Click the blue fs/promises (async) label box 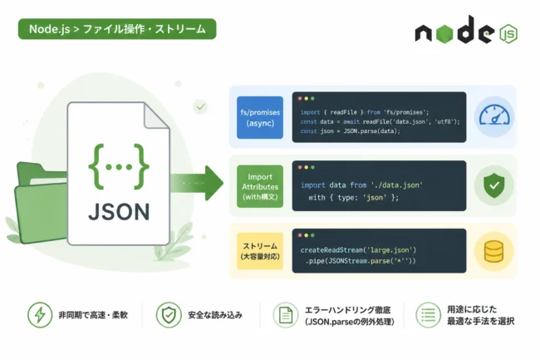pyautogui.click(x=260, y=117)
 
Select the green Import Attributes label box pyautogui.click(x=260, y=186)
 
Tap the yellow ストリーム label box pyautogui.click(x=260, y=251)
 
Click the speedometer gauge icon pyautogui.click(x=494, y=116)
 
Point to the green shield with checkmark pyautogui.click(x=494, y=185)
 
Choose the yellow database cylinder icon pyautogui.click(x=493, y=251)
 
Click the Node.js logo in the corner pyautogui.click(x=466, y=30)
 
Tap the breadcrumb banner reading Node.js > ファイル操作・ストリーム pyautogui.click(x=117, y=29)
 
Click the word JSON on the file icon pyautogui.click(x=119, y=211)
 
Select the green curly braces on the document pyautogui.click(x=119, y=167)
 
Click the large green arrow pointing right pyautogui.click(x=197, y=183)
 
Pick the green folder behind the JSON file pyautogui.click(x=42, y=203)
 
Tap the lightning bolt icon pyautogui.click(x=40, y=315)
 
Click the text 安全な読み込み pyautogui.click(x=215, y=315)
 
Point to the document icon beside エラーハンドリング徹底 pyautogui.click(x=286, y=315)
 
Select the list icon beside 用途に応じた pyautogui.click(x=428, y=315)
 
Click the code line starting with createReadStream pyautogui.click(x=358, y=249)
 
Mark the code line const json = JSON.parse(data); pyautogui.click(x=351, y=131)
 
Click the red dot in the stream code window pyautogui.click(x=300, y=235)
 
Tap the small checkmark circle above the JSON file pyautogui.click(x=200, y=106)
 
